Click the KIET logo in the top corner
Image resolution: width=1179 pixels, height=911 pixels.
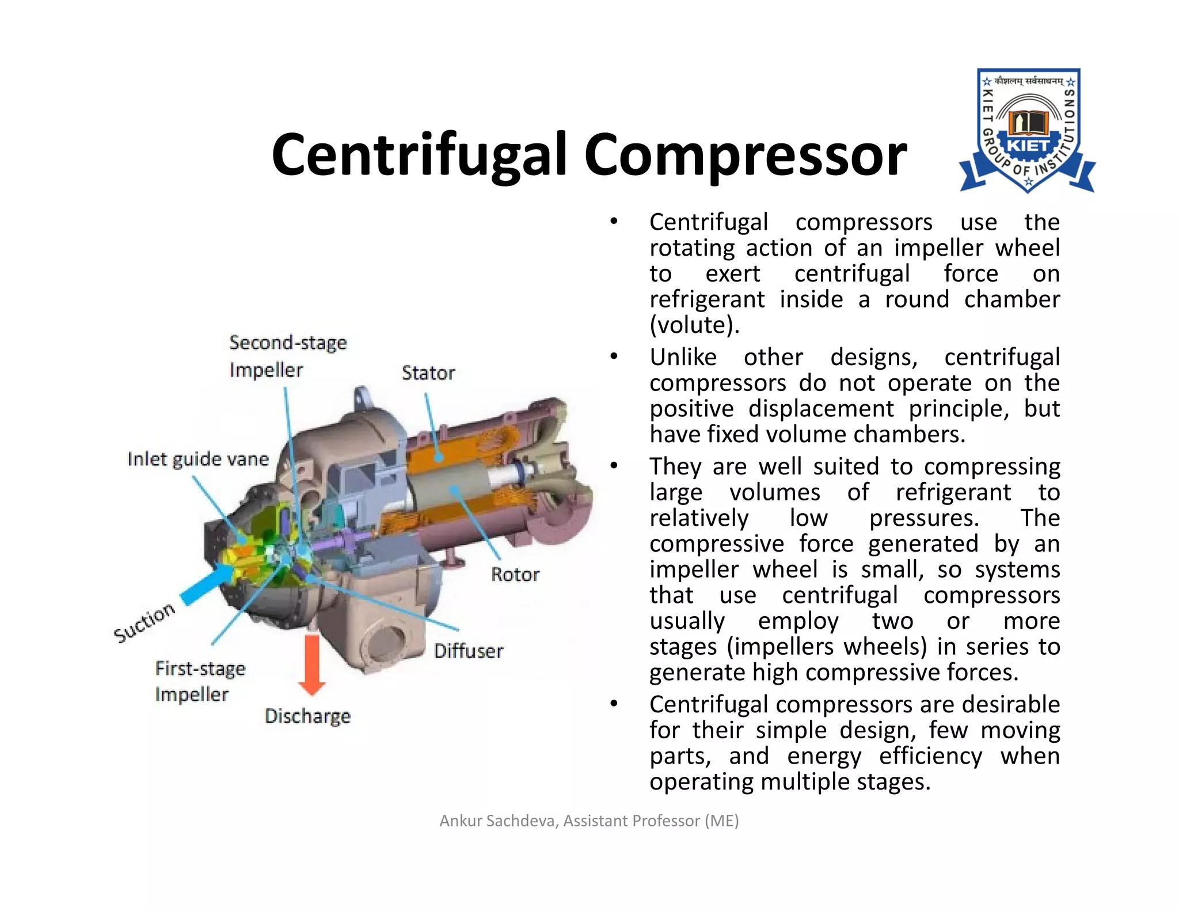pyautogui.click(x=1028, y=131)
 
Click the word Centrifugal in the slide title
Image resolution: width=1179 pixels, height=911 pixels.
pyautogui.click(x=420, y=154)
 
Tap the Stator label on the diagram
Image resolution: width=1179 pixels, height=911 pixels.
pyautogui.click(x=428, y=373)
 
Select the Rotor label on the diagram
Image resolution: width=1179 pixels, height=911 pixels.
pyautogui.click(x=515, y=574)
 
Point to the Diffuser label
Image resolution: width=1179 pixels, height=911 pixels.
pyautogui.click(x=468, y=651)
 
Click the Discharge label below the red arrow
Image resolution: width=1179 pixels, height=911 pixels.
pyautogui.click(x=307, y=716)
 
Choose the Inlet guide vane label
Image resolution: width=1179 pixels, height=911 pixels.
pyautogui.click(x=198, y=459)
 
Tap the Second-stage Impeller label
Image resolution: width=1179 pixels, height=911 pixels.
pyautogui.click(x=287, y=356)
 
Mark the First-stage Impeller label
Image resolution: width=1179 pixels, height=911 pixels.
pyautogui.click(x=200, y=681)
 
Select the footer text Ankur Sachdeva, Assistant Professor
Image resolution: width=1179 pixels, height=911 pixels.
pyautogui.click(x=589, y=821)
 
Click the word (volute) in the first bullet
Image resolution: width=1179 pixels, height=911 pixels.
pyautogui.click(x=694, y=325)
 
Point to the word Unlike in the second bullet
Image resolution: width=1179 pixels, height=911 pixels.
pyautogui.click(x=683, y=358)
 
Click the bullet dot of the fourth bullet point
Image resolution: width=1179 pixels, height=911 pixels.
pyautogui.click(x=614, y=704)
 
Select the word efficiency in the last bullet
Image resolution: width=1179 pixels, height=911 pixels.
pyautogui.click(x=930, y=756)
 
